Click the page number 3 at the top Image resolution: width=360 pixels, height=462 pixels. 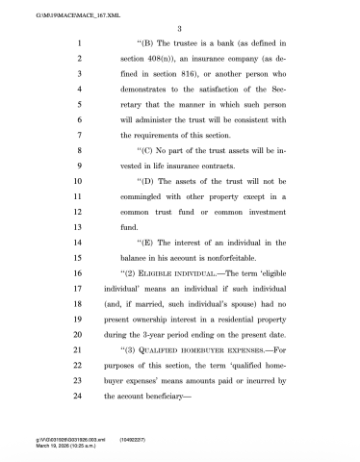tap(180, 26)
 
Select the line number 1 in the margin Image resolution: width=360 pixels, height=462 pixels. tap(77, 44)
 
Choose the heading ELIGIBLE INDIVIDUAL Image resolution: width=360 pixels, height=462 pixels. tap(165, 286)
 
